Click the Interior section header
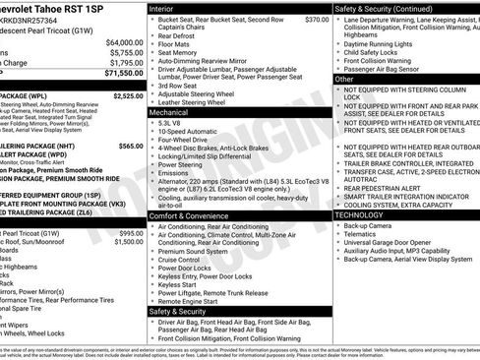(x=166, y=8)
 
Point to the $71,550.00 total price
(x=120, y=73)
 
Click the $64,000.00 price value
(x=120, y=42)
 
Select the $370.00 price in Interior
(x=317, y=20)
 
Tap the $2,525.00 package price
(x=128, y=96)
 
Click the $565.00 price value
(x=130, y=145)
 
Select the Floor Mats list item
(x=178, y=44)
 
